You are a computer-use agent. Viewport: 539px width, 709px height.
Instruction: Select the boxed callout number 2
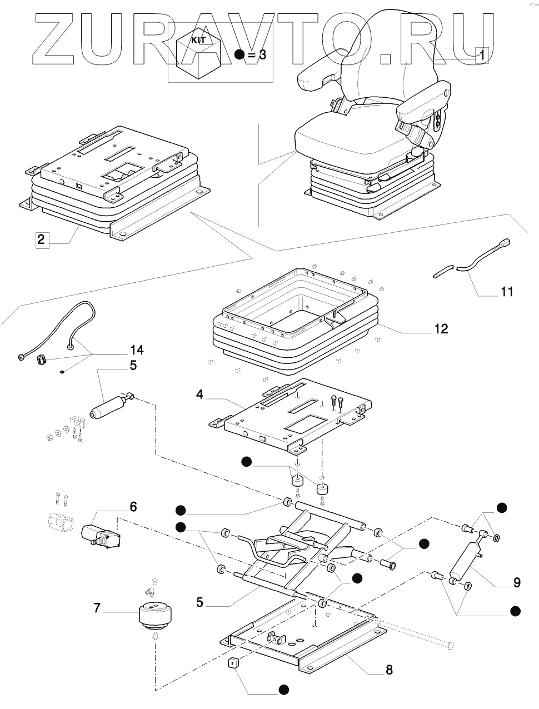(42, 240)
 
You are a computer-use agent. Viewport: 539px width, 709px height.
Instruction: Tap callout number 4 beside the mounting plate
(200, 395)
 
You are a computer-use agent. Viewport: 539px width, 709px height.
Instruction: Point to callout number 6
(133, 507)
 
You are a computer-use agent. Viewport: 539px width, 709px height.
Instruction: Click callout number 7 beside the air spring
(97, 608)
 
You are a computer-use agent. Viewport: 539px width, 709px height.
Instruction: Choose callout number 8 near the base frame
(389, 670)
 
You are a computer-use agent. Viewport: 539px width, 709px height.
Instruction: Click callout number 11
(507, 292)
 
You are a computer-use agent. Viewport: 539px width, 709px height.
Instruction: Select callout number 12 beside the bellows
(441, 329)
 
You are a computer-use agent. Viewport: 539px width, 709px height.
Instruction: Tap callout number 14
(137, 350)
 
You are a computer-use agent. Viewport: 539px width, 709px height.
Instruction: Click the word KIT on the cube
(198, 41)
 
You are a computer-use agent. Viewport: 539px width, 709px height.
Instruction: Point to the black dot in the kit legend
(239, 54)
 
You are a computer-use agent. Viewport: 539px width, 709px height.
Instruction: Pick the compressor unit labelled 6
(101, 540)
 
